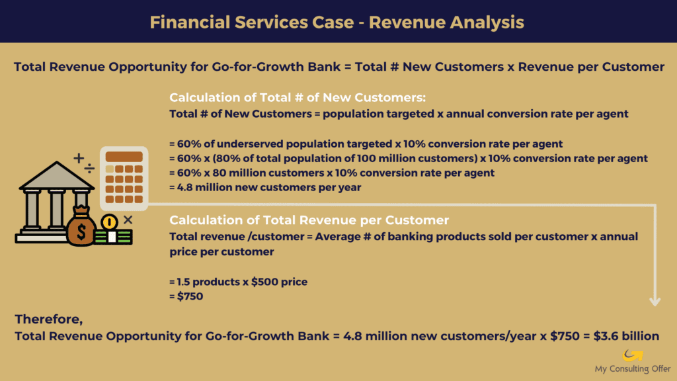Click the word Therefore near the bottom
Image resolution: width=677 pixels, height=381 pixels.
point(48,319)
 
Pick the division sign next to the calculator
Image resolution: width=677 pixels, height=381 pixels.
point(89,169)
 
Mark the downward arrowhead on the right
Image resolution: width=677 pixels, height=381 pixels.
point(655,301)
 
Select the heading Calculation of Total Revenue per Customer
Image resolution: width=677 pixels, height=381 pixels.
point(309,220)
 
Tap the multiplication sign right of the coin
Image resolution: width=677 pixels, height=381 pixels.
point(128,219)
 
